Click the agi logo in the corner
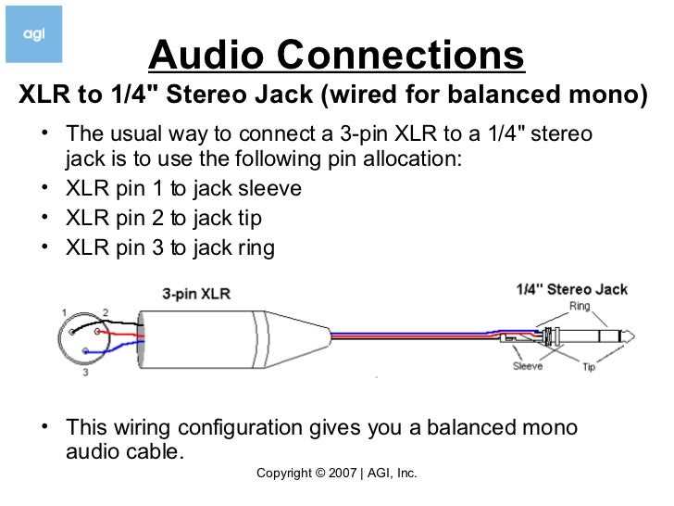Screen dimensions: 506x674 tap(33, 33)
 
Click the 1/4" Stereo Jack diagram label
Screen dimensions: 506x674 tap(571, 289)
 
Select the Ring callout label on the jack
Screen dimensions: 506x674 tap(580, 306)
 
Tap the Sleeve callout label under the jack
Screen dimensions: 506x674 tap(528, 366)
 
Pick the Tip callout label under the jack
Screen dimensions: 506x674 tap(589, 366)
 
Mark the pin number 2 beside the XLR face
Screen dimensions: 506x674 tap(106, 312)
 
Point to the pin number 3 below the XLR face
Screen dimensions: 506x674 tap(85, 373)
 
